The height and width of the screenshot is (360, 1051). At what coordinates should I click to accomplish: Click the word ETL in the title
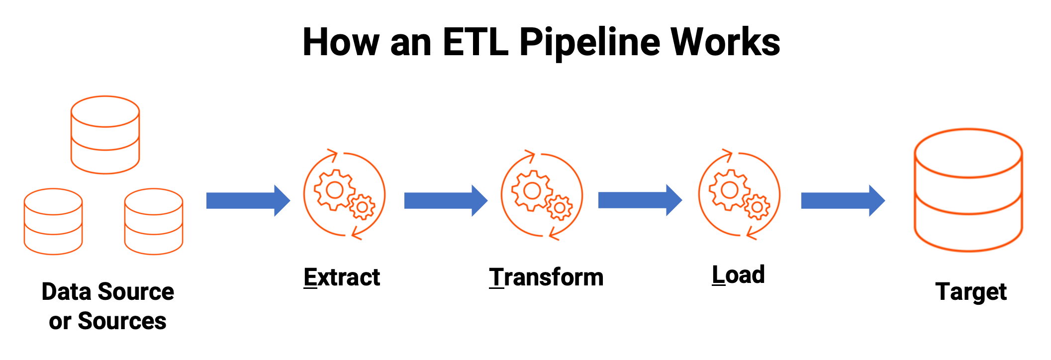pyautogui.click(x=475, y=42)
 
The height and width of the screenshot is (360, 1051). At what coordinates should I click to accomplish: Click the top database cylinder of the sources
pyautogui.click(x=105, y=135)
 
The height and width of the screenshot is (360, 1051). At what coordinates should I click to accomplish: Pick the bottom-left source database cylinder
pyautogui.click(x=53, y=221)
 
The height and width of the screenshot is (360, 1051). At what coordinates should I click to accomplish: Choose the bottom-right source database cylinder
pyautogui.click(x=154, y=221)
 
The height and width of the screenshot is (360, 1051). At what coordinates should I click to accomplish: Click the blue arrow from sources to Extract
pyautogui.click(x=248, y=200)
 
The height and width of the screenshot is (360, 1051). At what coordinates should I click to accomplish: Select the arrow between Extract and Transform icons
pyautogui.click(x=446, y=200)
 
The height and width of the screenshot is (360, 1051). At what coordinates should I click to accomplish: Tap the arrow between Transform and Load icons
pyautogui.click(x=640, y=200)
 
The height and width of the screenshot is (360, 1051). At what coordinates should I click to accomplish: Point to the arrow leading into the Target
pyautogui.click(x=843, y=200)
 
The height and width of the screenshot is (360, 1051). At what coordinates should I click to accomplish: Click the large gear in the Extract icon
pyautogui.click(x=334, y=189)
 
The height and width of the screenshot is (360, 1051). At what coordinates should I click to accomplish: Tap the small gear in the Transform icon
pyautogui.click(x=560, y=208)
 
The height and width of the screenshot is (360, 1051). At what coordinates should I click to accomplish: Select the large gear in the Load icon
pyautogui.click(x=729, y=189)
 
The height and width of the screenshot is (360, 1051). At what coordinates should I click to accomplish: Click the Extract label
pyautogui.click(x=342, y=277)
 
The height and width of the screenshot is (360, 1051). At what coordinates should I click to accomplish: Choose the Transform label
pyautogui.click(x=546, y=277)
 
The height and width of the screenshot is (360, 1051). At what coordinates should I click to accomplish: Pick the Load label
pyautogui.click(x=738, y=275)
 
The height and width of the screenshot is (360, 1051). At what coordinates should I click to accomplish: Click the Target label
pyautogui.click(x=970, y=292)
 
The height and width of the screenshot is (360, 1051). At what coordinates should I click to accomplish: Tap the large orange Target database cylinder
pyautogui.click(x=968, y=190)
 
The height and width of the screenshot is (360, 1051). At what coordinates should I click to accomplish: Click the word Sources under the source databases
pyautogui.click(x=122, y=321)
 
